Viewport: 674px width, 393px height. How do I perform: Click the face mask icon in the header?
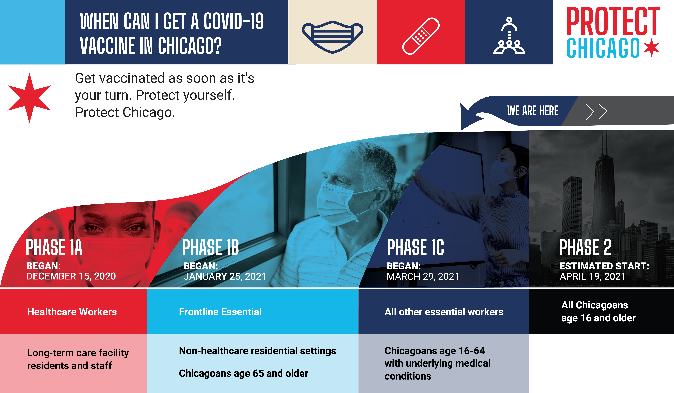pyautogui.click(x=332, y=37)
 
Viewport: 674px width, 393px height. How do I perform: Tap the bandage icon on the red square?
pyautogui.click(x=421, y=36)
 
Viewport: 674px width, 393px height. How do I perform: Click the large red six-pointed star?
pyautogui.click(x=29, y=98)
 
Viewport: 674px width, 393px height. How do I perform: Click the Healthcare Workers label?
pyautogui.click(x=72, y=312)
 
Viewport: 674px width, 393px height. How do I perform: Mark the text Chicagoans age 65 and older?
pyautogui.click(x=243, y=373)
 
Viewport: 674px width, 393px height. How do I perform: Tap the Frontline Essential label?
pyautogui.click(x=220, y=312)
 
